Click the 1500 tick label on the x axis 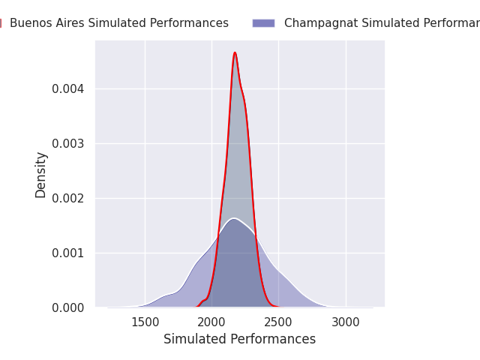pyautogui.click(x=145, y=322)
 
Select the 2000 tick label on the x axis pyautogui.click(x=211, y=322)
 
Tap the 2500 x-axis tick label pyautogui.click(x=278, y=322)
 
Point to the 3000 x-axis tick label pyautogui.click(x=346, y=322)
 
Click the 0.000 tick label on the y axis pyautogui.click(x=67, y=307)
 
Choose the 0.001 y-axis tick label pyautogui.click(x=67, y=253)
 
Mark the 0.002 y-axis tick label pyautogui.click(x=67, y=198)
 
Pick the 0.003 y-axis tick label pyautogui.click(x=67, y=143)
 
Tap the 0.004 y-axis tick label pyautogui.click(x=67, y=88)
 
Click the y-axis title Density pyautogui.click(x=41, y=174)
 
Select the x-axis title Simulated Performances pyautogui.click(x=239, y=339)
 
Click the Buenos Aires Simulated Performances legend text pyautogui.click(x=119, y=23)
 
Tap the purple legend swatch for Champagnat pyautogui.click(x=263, y=23)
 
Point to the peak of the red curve pyautogui.click(x=235, y=52)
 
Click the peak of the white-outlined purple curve pyautogui.click(x=234, y=218)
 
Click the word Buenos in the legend pyautogui.click(x=31, y=23)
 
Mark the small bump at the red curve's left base pyautogui.click(x=202, y=301)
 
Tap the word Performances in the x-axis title pyautogui.click(x=277, y=339)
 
